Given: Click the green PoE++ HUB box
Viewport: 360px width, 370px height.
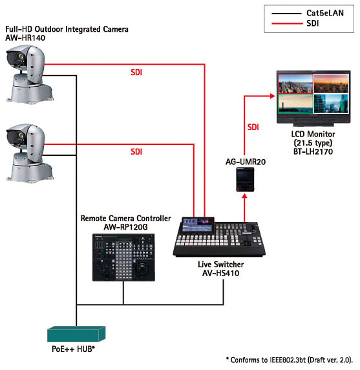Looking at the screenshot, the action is (x=76, y=334).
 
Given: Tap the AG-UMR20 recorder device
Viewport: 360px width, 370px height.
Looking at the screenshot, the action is (x=245, y=179).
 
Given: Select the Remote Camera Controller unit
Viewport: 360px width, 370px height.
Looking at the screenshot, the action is (x=123, y=257).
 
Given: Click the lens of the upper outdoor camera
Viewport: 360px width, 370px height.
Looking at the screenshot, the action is (x=22, y=57).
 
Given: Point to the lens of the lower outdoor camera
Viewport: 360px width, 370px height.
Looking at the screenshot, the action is (x=22, y=135).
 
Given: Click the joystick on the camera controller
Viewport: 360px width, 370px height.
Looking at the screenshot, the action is (x=143, y=268).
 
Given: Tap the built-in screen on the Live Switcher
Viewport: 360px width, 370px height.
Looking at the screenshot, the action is (x=198, y=225).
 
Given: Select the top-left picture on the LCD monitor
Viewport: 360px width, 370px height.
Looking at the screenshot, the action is (x=295, y=84).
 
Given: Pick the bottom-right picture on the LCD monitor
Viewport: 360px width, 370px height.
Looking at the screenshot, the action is (x=331, y=104).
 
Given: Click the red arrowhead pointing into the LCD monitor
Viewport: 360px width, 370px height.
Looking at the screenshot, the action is (x=273, y=96).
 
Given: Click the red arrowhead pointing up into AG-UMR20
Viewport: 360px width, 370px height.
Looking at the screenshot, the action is (x=245, y=196).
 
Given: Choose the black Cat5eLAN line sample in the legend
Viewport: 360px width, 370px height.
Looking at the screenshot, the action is (x=287, y=14).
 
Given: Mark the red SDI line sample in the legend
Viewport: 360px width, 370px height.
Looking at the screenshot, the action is (x=287, y=23).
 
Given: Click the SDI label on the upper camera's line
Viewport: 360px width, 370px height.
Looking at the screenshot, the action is (x=136, y=72).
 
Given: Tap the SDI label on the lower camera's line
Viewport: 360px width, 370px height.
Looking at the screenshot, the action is (x=136, y=151).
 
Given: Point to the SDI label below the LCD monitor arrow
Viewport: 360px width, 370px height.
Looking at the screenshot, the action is (x=253, y=127).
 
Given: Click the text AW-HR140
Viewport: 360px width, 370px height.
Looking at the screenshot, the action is (x=25, y=38).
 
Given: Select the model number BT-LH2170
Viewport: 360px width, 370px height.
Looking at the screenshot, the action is (x=313, y=151).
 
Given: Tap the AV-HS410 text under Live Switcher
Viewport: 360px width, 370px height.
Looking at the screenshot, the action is (x=221, y=273).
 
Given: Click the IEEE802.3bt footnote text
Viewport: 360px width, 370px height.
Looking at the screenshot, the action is (x=290, y=360).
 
